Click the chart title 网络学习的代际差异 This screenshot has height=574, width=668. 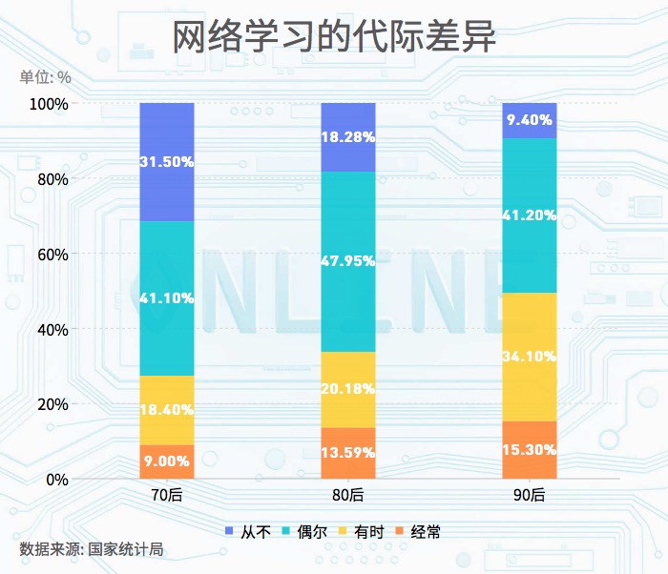334,39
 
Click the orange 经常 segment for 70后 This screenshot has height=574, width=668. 167,462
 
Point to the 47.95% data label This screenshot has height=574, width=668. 348,261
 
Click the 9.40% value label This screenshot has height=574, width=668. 530,120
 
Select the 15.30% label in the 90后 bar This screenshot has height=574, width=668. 530,449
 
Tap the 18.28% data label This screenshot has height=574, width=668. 348,136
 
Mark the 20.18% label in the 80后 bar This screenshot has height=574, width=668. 348,389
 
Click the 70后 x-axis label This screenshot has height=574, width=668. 167,495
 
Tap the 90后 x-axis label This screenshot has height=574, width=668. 530,495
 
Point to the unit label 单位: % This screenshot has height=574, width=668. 45,76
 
